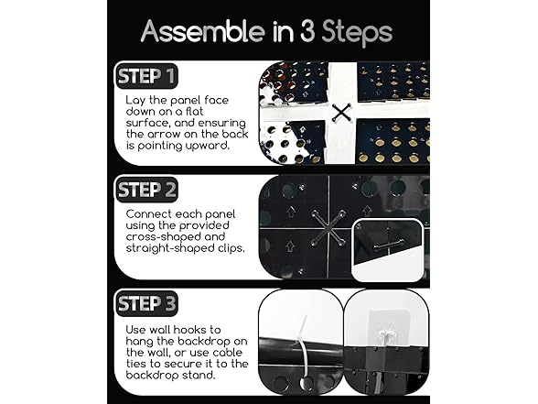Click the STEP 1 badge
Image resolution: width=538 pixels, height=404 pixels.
146,76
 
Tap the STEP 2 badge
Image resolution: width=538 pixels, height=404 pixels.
146,190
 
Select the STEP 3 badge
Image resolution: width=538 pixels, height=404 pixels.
146,303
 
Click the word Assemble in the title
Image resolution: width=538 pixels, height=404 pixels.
203,31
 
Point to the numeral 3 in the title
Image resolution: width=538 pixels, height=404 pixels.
307,31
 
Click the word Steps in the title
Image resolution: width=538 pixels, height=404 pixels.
357,33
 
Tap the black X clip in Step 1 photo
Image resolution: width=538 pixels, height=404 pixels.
341,113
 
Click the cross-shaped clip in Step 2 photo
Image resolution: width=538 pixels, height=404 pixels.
328,228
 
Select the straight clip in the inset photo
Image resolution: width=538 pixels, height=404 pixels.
388,245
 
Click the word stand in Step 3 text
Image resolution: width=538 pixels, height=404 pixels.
199,376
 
